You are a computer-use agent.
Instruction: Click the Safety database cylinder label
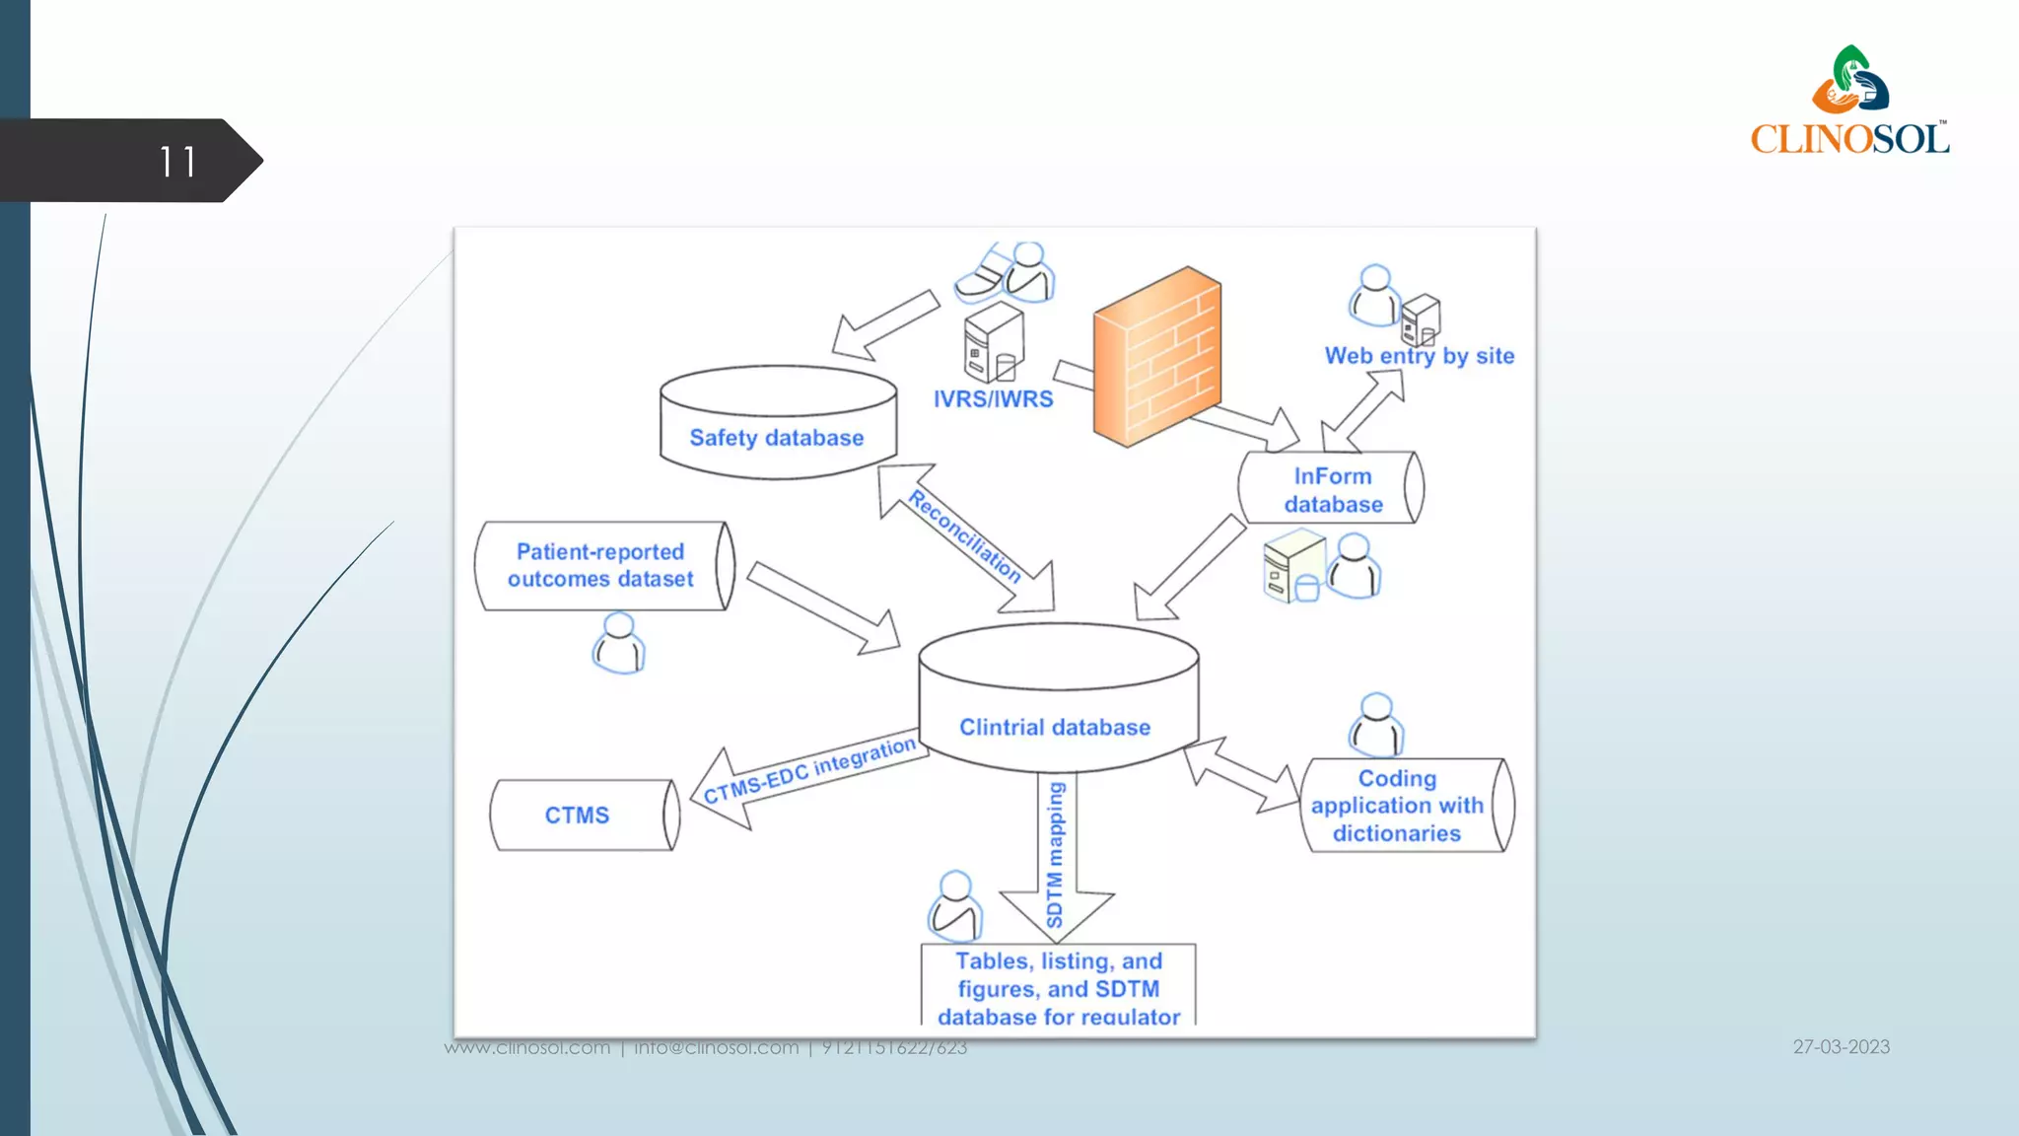[777, 438]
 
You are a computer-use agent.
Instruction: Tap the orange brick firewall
[1157, 357]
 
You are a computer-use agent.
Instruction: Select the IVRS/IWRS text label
[993, 399]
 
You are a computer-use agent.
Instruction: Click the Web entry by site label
[1419, 356]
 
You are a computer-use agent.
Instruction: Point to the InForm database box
[1331, 489]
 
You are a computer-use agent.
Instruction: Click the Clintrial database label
[1055, 728]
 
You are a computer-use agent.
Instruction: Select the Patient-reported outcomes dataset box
[602, 566]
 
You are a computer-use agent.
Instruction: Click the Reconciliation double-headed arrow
[966, 537]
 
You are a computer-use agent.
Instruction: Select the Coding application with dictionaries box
[1400, 806]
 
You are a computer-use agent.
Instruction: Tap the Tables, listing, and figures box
[1058, 987]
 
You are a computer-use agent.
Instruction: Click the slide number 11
[177, 162]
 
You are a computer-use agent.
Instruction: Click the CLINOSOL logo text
[1849, 138]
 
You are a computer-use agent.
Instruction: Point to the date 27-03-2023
[1841, 1047]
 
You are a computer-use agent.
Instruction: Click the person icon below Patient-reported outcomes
[619, 643]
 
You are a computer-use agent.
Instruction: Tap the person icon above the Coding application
[1376, 724]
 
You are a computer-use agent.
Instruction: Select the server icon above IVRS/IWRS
[993, 342]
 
